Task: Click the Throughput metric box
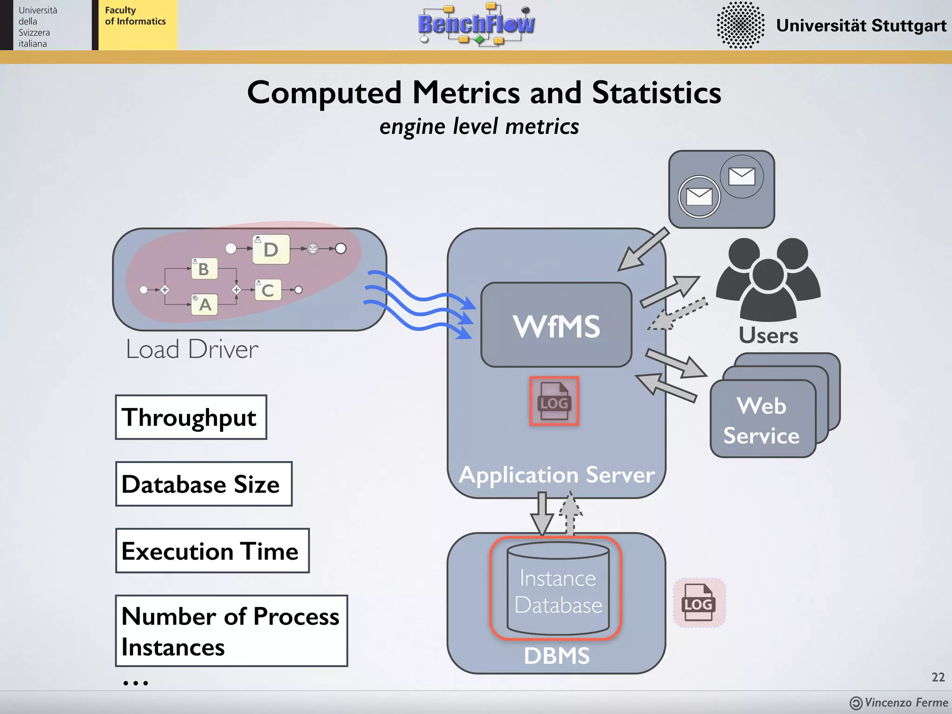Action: point(191,417)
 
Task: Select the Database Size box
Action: point(204,484)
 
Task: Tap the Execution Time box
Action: point(212,551)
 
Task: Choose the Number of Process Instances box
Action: point(231,631)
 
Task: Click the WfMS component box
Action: point(556,325)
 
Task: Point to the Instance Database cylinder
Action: point(557,589)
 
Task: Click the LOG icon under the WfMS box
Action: point(554,401)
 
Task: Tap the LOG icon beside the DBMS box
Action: point(699,603)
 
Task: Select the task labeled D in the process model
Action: point(271,250)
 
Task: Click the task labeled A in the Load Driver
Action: point(205,305)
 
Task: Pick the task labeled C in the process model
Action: point(268,290)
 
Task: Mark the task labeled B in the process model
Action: point(204,269)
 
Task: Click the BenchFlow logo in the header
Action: point(476,24)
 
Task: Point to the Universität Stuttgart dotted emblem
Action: point(740,25)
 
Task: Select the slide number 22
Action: point(938,677)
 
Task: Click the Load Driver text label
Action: point(192,350)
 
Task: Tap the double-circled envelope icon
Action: point(699,197)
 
